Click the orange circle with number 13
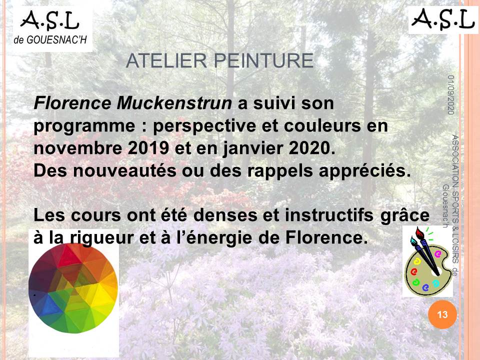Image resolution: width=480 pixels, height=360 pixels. coord(442,314)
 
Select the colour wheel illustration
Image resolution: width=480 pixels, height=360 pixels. coord(73,288)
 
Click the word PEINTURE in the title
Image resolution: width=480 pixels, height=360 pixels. coord(264,60)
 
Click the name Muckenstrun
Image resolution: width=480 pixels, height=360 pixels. coord(174,103)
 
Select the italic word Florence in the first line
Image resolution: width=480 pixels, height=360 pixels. coord(72,103)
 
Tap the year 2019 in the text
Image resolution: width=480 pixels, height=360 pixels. coord(148,148)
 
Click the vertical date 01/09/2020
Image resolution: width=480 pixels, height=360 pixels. coord(450,95)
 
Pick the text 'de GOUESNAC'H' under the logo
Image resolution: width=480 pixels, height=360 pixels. coord(50,40)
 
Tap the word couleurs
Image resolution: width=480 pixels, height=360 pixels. coord(322,126)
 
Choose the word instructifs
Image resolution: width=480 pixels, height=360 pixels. coord(329,215)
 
